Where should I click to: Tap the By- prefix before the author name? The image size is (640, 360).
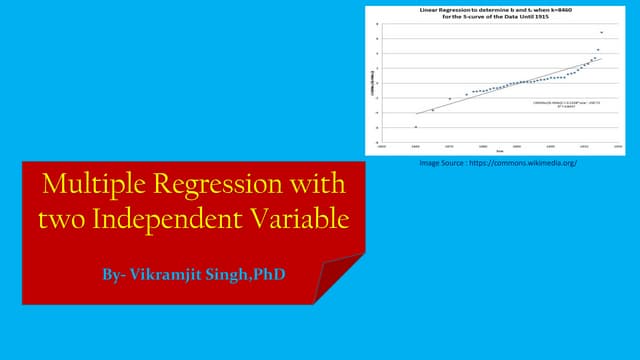pos(116,272)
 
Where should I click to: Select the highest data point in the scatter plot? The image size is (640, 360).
pos(601,32)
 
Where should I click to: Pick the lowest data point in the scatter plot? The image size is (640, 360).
pos(416,127)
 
